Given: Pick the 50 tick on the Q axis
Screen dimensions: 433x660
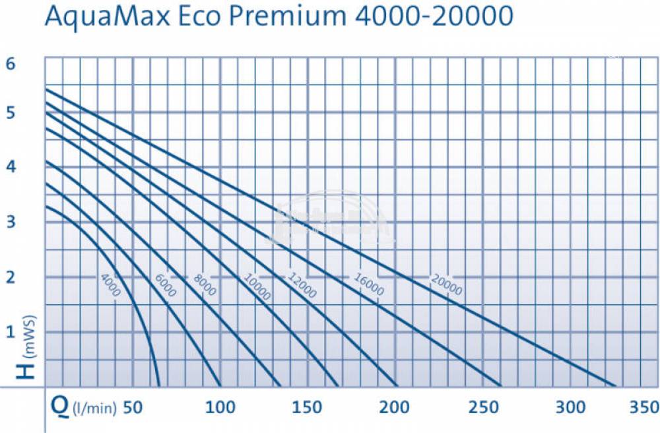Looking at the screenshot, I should coord(133,407).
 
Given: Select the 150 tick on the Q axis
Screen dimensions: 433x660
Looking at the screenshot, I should coord(308,407).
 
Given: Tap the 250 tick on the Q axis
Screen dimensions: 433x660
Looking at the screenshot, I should coord(483,407).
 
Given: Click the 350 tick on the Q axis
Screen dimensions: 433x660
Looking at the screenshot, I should coord(643,407).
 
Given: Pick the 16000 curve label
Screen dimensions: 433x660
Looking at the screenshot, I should coord(368,283).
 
